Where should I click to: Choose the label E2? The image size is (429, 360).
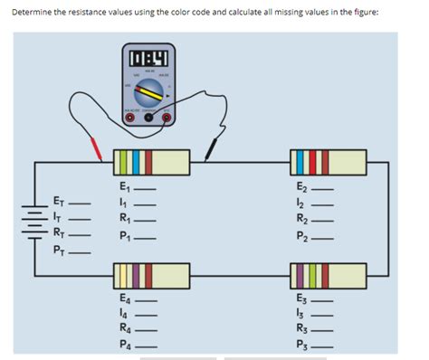pyautogui.click(x=302, y=187)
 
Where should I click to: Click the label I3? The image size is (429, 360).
pyautogui.click(x=301, y=312)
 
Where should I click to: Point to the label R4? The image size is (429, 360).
pyautogui.click(x=126, y=327)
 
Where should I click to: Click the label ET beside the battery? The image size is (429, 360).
pyautogui.click(x=59, y=202)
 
